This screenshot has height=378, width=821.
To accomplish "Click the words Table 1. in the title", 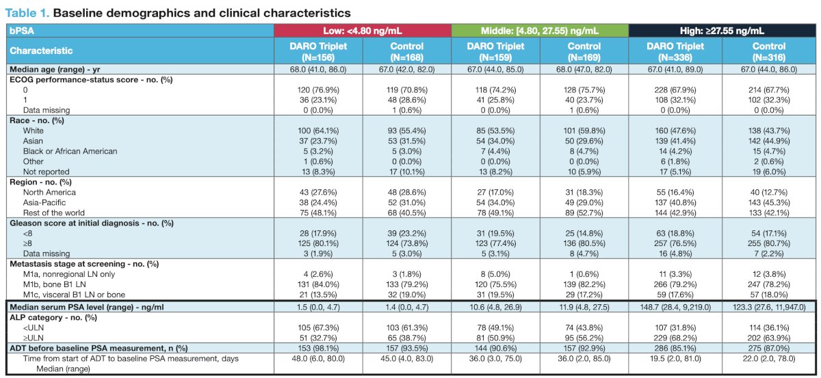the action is tap(27, 13).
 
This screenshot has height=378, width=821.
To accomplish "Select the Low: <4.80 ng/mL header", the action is tap(363, 31).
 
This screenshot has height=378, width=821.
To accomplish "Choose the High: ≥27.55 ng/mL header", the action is tap(722, 31).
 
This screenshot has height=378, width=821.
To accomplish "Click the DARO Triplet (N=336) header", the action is tap(675, 52).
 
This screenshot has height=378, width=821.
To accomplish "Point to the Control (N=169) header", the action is tap(584, 52).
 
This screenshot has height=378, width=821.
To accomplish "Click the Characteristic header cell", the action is tap(41, 51).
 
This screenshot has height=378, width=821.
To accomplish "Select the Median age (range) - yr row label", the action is tap(55, 69).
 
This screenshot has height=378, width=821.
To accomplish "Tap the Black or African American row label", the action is tap(70, 151).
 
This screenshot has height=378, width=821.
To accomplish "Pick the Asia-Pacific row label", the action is tap(44, 202).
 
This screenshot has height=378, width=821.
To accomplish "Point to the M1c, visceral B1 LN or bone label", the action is tap(74, 295).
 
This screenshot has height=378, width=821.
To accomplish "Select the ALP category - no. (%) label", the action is tap(53, 318).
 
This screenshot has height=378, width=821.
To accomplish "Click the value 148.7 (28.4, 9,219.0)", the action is tap(675, 307).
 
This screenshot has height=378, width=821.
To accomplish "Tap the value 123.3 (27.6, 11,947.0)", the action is tap(769, 307).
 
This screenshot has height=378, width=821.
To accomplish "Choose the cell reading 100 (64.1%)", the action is tap(318, 131).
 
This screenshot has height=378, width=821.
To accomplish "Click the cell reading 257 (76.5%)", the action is tap(675, 243).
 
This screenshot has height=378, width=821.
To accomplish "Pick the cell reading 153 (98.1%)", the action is tap(318, 348).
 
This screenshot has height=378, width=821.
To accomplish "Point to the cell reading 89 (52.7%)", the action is tap(584, 213).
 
